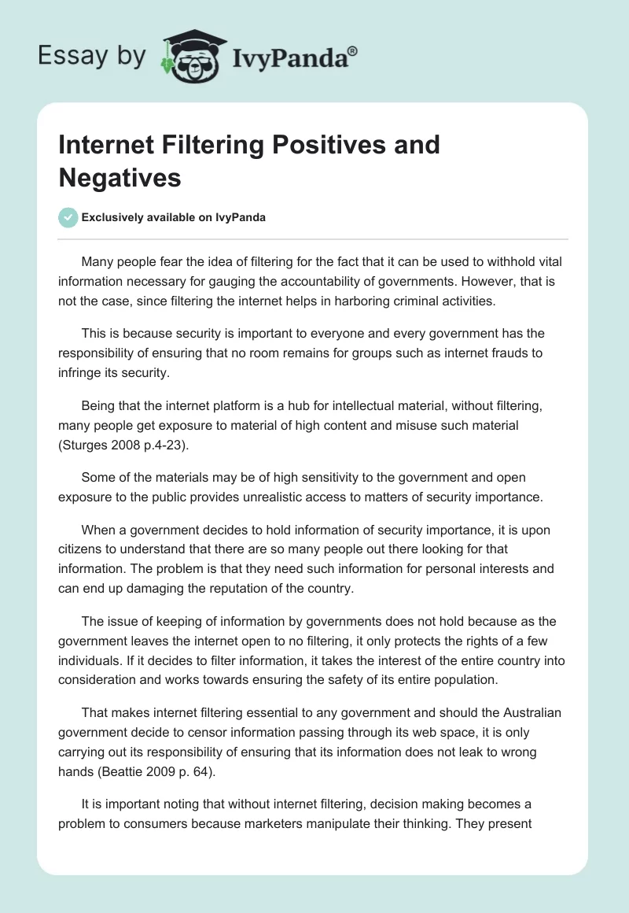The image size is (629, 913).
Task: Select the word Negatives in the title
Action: (120, 177)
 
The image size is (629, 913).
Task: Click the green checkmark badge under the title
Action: (68, 217)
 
